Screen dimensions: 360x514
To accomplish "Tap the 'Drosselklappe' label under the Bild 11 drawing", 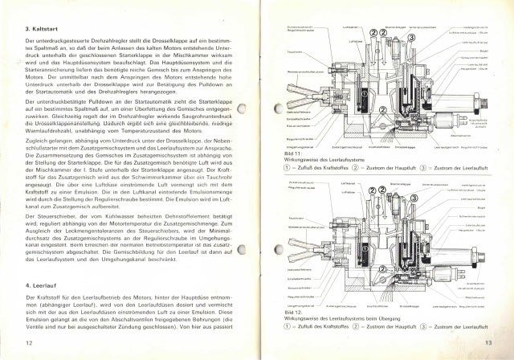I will (406, 147).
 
